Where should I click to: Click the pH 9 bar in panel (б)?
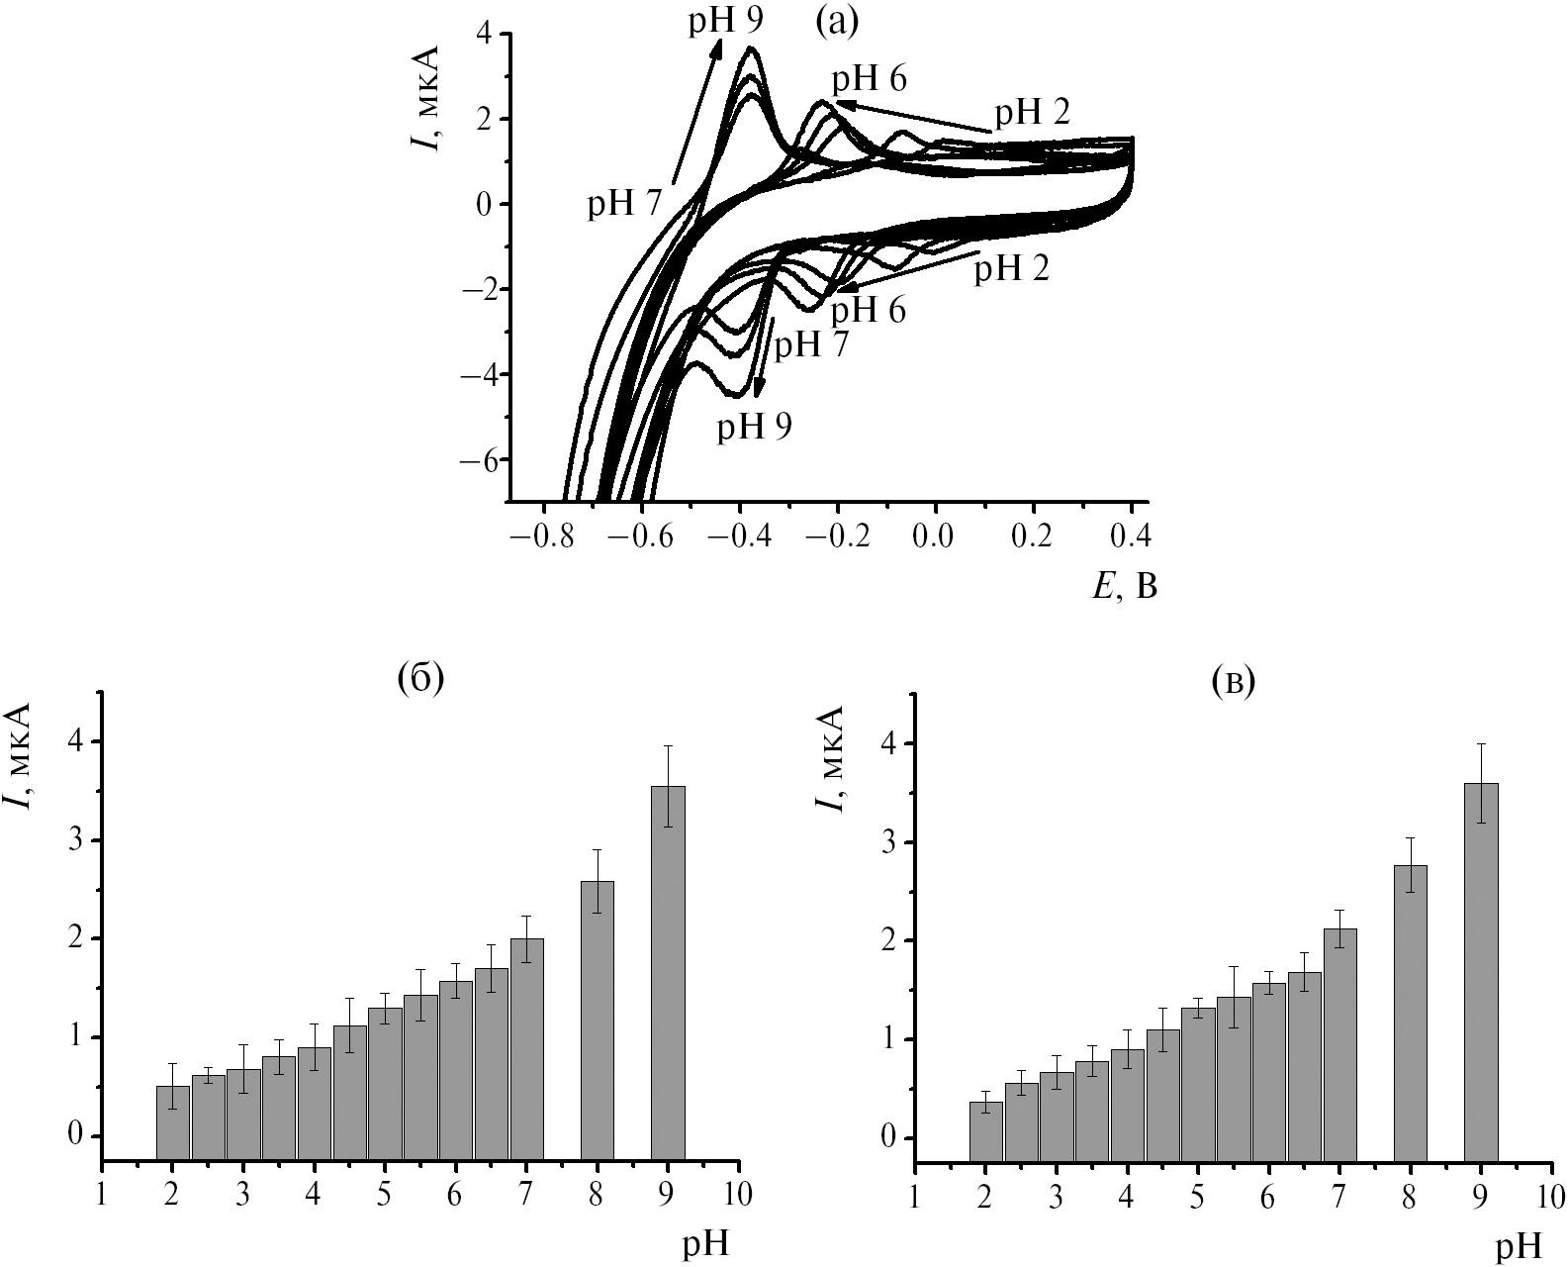pos(668,971)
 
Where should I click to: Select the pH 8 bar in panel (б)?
pos(598,1020)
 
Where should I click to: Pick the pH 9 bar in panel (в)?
pos(1481,970)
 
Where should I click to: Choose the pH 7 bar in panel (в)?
pos(1339,1043)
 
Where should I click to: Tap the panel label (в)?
pos(1233,680)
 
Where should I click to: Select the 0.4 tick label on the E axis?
pos(1131,537)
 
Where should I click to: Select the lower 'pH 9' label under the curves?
pos(755,425)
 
